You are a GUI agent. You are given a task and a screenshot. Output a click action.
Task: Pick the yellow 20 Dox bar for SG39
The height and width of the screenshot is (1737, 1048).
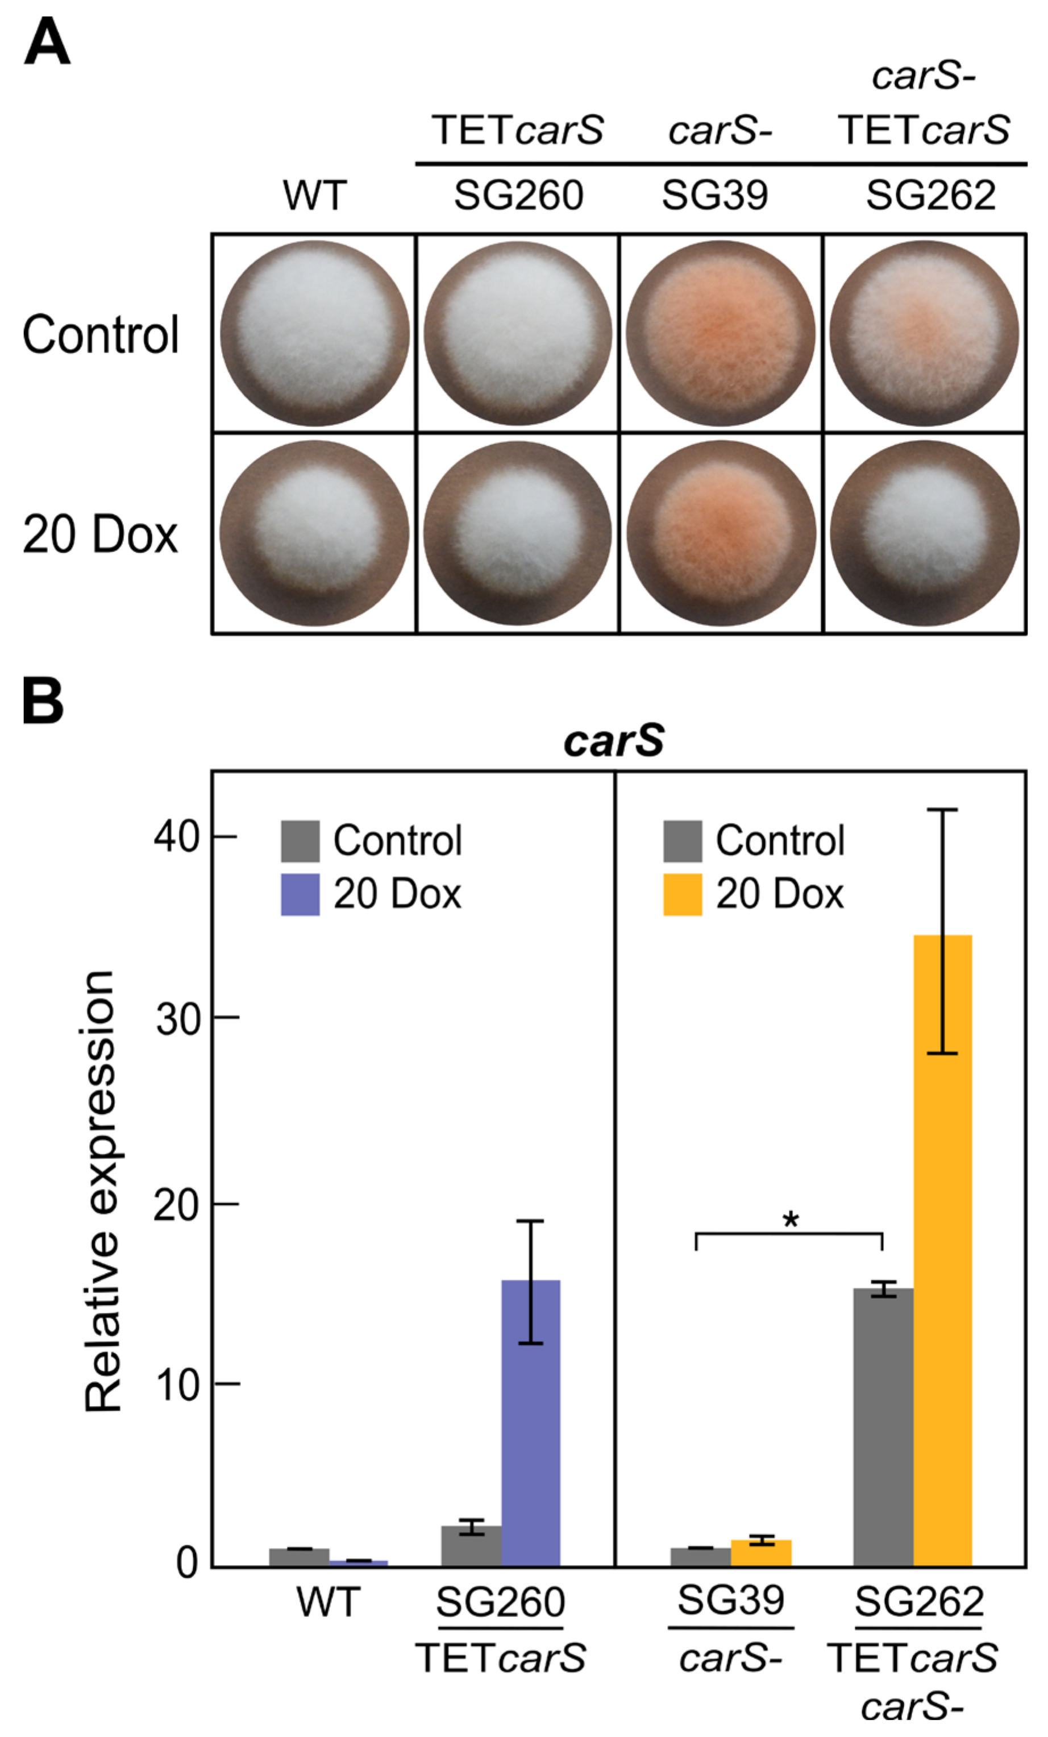click(761, 1555)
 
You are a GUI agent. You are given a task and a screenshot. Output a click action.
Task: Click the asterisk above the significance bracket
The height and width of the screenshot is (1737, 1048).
click(791, 1222)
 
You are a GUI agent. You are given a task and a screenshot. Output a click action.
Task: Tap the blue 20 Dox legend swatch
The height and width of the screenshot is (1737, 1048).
click(300, 894)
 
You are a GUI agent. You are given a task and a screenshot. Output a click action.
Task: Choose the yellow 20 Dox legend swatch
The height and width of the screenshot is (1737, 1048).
click(682, 894)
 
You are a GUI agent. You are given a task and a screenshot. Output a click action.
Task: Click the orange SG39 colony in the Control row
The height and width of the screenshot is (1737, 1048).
click(720, 333)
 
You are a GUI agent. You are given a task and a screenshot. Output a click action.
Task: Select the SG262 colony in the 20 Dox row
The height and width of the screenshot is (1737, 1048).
click(924, 534)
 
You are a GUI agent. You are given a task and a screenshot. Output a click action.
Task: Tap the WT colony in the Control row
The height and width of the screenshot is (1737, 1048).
click(314, 333)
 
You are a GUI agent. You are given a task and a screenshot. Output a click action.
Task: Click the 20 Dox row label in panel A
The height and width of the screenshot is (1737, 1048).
click(100, 535)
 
